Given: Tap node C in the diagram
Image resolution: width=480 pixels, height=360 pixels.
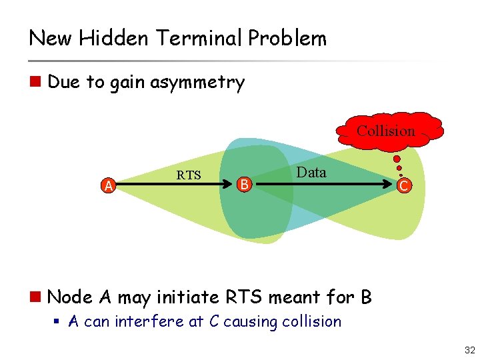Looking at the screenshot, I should [404, 186].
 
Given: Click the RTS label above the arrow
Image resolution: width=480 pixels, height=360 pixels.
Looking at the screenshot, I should [189, 175].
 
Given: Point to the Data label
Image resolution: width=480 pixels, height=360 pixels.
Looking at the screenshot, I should [311, 173].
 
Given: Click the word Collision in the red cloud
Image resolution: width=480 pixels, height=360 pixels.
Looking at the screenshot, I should [385, 131].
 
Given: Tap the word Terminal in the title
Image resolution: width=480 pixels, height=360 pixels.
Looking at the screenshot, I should [201, 39].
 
